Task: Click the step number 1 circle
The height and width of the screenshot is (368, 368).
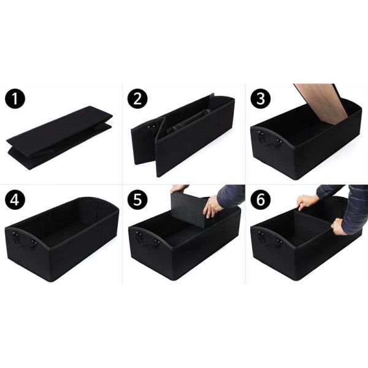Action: [x=15, y=99]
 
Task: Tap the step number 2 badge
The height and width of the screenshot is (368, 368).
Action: [x=137, y=99]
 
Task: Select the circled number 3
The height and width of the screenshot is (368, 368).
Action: [x=261, y=99]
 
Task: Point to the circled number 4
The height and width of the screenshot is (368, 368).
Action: [x=15, y=200]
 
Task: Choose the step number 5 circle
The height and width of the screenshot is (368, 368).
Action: [x=137, y=200]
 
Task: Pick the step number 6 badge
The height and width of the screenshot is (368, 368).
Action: [x=261, y=200]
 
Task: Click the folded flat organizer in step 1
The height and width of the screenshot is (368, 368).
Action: [x=59, y=138]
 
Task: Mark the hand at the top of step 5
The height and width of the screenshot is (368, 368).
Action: [x=179, y=188]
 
